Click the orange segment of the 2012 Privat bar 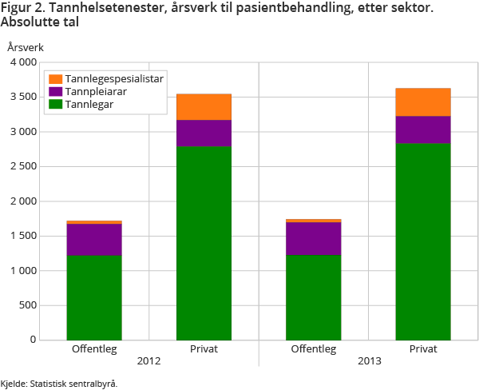[204, 107]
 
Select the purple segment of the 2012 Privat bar [204, 133]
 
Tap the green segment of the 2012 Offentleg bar [94, 297]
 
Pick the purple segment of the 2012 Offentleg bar [94, 240]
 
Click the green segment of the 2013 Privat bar [422, 241]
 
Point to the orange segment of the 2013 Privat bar [422, 102]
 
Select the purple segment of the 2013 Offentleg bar [313, 239]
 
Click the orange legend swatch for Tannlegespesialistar [55, 79]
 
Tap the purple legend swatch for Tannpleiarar [55, 91]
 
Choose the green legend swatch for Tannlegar [55, 103]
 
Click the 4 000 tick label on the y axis [24, 62]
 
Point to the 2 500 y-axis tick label [24, 166]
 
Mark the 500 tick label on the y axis [28, 305]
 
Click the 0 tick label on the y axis [34, 340]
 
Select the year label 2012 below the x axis [148, 361]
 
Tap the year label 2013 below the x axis [368, 361]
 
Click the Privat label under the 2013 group [422, 349]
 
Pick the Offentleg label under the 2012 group [94, 349]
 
